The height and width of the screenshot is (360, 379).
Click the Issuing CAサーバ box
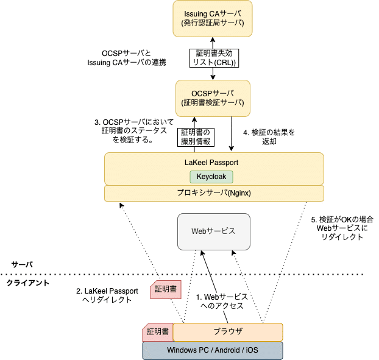213,18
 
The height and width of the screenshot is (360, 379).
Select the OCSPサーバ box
213,97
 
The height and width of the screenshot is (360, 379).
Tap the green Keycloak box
211,177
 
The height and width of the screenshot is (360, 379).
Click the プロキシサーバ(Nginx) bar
214,193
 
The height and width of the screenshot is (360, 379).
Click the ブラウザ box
228,332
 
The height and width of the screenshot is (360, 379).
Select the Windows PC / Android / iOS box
213,350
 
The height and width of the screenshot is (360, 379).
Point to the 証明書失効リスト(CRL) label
213,58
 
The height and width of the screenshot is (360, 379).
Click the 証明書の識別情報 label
195,137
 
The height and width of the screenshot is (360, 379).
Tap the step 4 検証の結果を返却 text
268,136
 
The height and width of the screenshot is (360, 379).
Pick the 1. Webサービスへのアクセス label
221,301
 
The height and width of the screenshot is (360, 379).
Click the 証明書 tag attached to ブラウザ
157,332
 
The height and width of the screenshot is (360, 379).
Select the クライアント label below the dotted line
28,283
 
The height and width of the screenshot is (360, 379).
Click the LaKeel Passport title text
211,163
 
